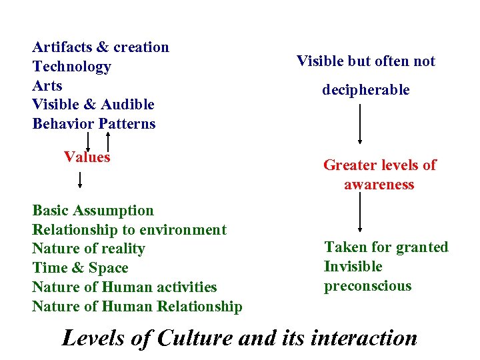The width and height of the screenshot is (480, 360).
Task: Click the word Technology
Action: click(x=71, y=67)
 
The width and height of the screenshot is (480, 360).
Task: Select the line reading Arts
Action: click(x=47, y=86)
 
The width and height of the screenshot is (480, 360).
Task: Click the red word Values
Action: click(x=87, y=157)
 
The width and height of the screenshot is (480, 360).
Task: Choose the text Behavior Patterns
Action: click(x=93, y=124)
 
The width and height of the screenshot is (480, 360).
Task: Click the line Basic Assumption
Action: click(x=93, y=211)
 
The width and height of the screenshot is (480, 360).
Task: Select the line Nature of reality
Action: click(x=88, y=249)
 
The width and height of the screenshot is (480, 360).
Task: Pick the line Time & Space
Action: click(x=80, y=268)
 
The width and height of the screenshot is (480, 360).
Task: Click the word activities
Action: click(x=184, y=287)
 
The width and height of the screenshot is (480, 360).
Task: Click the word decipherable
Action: click(x=366, y=90)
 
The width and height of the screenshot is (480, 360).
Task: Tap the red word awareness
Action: click(x=379, y=185)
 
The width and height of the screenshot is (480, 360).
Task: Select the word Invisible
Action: click(x=353, y=267)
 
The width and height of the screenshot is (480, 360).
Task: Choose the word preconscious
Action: click(x=368, y=286)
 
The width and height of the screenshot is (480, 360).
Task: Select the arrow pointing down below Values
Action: click(x=80, y=181)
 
